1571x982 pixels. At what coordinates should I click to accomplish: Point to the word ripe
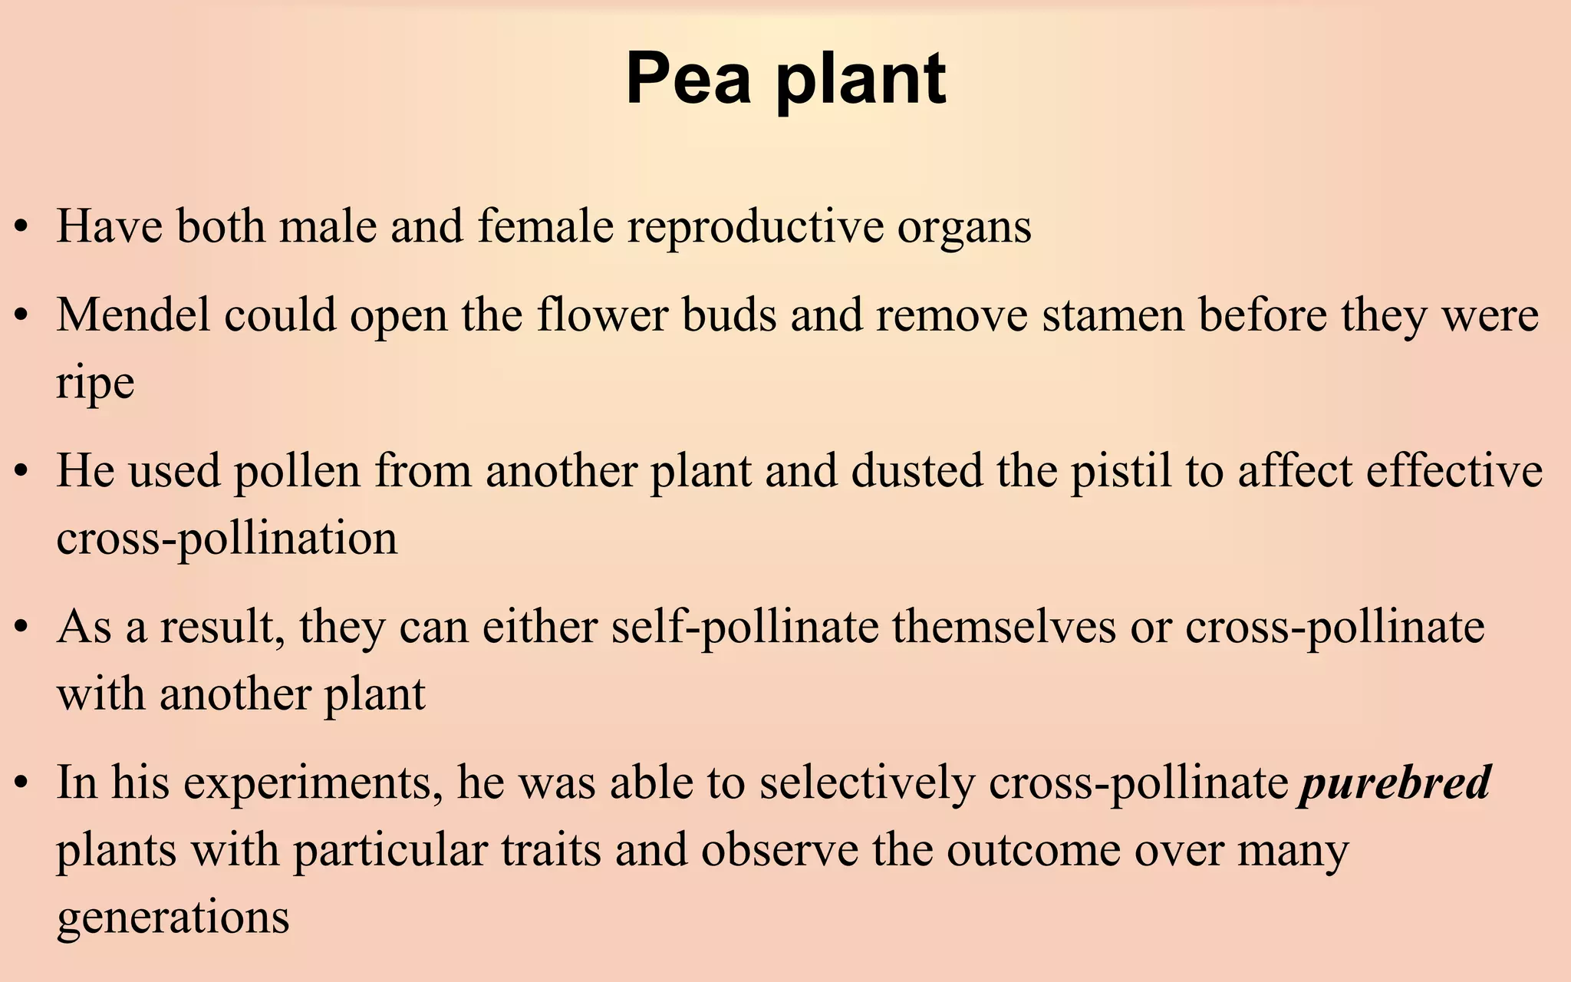pyautogui.click(x=95, y=384)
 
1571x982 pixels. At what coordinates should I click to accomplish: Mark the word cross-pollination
pyautogui.click(x=227, y=538)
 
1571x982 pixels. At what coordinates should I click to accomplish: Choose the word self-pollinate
pyautogui.click(x=744, y=627)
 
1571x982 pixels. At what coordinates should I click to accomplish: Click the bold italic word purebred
pyautogui.click(x=1394, y=783)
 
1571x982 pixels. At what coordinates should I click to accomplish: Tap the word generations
pyautogui.click(x=173, y=917)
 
